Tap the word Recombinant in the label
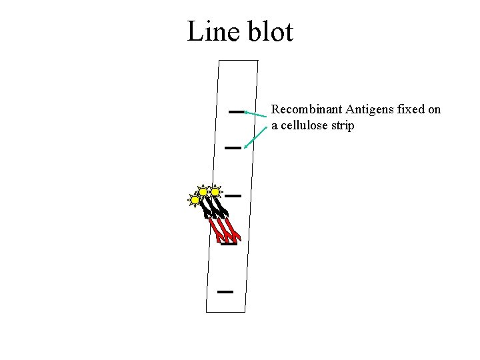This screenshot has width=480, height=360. coord(307,109)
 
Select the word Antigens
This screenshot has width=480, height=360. coord(369,109)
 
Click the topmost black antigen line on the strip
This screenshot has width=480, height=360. coord(236,111)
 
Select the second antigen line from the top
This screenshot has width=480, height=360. coord(232,147)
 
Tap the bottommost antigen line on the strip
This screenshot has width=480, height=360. coord(225,292)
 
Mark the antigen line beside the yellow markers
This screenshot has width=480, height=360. coord(233,196)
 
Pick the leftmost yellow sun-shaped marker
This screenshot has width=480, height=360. coord(195,199)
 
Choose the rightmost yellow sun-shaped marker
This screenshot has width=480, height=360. coord(215,192)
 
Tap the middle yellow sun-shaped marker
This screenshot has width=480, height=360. coord(204,192)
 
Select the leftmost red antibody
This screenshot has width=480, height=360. coord(217,230)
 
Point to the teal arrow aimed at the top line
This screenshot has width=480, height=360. coord(257,115)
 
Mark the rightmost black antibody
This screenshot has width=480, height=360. coord(223,206)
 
